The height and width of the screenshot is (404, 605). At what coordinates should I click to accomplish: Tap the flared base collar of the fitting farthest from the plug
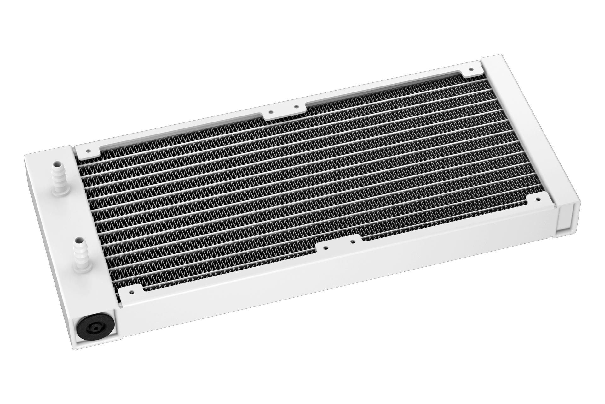coord(60,196)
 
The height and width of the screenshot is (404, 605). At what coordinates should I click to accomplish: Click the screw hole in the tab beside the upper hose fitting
coord(88,151)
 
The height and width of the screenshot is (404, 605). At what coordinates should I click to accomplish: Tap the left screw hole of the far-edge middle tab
coord(271,111)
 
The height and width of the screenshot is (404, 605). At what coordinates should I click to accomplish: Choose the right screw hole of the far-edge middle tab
coord(296,107)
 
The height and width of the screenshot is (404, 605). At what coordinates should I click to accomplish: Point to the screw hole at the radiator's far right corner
coord(471,69)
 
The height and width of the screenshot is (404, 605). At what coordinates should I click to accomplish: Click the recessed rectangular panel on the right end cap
coord(564,218)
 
